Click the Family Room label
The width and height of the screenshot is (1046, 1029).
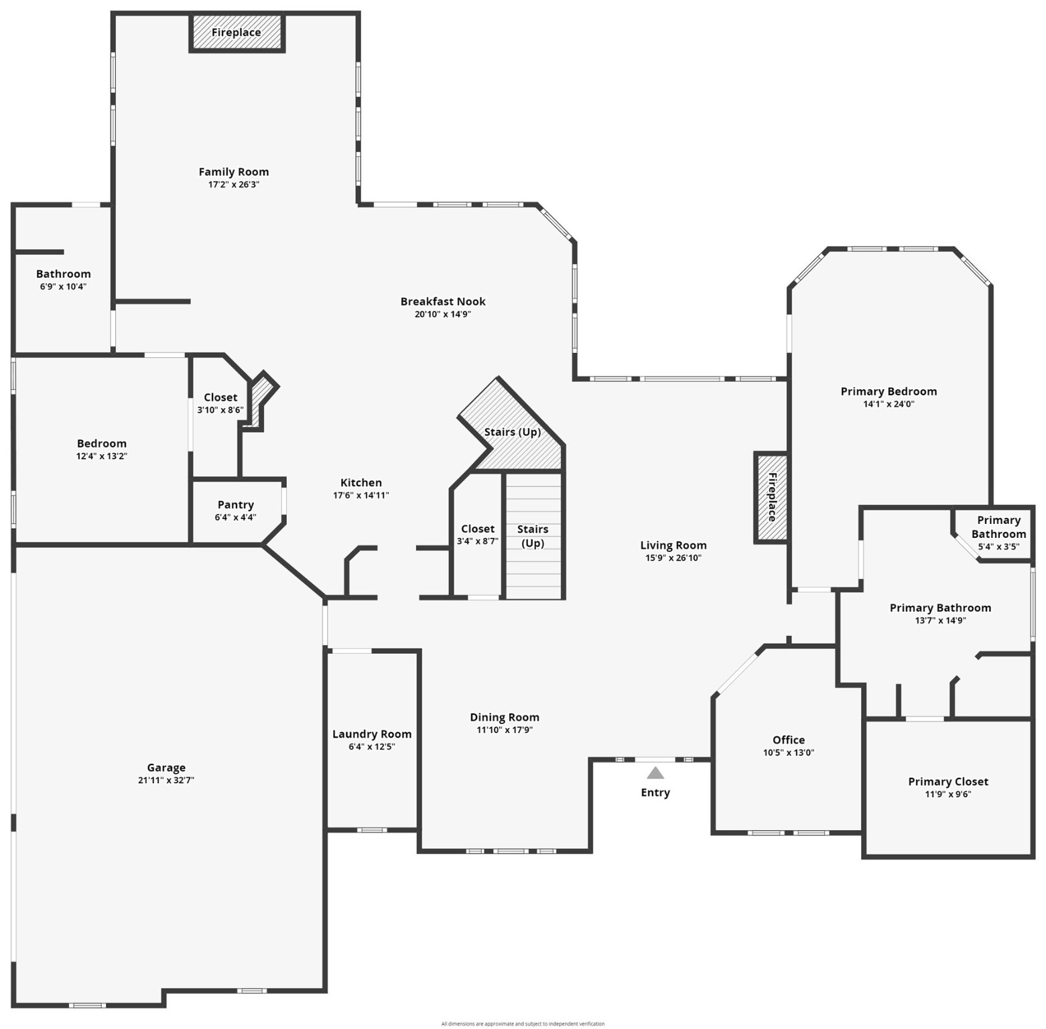click(x=233, y=172)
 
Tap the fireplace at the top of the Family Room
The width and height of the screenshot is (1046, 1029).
click(x=237, y=32)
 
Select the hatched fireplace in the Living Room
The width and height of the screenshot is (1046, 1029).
click(x=771, y=497)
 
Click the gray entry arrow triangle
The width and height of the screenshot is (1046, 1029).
click(x=655, y=773)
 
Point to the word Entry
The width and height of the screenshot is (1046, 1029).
click(x=655, y=793)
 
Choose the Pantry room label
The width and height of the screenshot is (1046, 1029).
click(x=236, y=505)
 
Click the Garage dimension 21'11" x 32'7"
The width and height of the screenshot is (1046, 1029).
click(x=166, y=780)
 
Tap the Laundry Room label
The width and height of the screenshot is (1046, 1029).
click(x=372, y=734)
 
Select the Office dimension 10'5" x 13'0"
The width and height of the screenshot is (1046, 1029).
click(x=789, y=752)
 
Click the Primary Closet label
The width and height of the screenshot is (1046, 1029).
click(x=948, y=782)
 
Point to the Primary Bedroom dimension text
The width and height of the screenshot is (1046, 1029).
click(x=889, y=404)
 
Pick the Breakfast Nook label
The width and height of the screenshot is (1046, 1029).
click(x=443, y=301)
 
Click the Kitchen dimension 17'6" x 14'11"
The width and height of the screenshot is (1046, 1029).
click(x=361, y=495)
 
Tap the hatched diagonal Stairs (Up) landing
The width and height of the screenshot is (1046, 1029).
click(x=513, y=432)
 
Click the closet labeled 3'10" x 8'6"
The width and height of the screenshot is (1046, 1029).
click(x=220, y=403)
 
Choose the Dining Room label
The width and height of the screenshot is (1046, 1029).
click(x=505, y=717)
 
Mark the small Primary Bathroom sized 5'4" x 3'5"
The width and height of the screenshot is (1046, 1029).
click(x=998, y=533)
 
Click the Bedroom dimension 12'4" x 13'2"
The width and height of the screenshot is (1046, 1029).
click(x=102, y=456)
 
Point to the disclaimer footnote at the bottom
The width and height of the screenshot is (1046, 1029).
click(x=523, y=1024)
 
